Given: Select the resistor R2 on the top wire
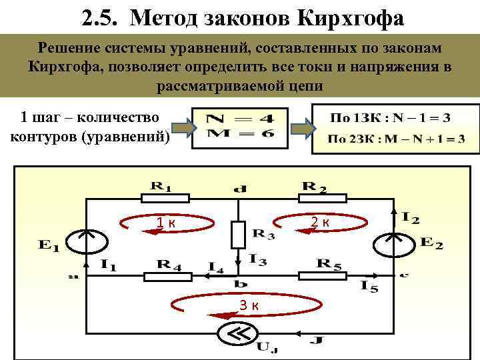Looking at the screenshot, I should click(x=322, y=197).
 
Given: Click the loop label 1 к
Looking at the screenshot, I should click(x=165, y=223).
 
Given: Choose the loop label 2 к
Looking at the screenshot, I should click(x=319, y=221).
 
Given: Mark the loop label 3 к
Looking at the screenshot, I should click(x=249, y=305).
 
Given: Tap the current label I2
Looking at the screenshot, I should click(x=411, y=217).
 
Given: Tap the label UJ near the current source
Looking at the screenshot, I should click(x=268, y=346).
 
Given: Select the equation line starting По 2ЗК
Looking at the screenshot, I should click(x=397, y=139).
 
